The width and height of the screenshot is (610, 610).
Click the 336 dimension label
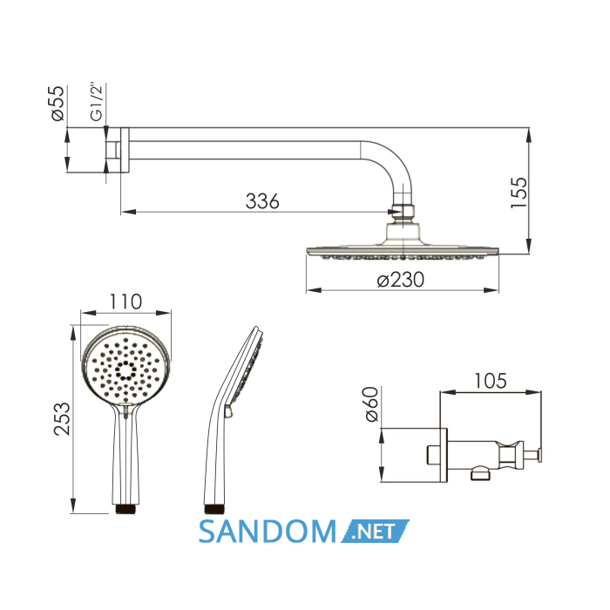[x=262, y=201]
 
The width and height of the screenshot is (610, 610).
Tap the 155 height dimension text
[x=518, y=193]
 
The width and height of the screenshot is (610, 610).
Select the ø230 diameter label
[x=401, y=280]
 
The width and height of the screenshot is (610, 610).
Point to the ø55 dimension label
[x=58, y=104]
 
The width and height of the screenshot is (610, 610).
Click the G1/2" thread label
[x=96, y=102]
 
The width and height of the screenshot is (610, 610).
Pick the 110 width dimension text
[x=125, y=302]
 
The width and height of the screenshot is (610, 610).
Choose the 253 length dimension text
[x=62, y=418]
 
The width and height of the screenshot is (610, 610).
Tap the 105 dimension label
[x=490, y=381]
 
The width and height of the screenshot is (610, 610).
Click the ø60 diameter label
[x=371, y=403]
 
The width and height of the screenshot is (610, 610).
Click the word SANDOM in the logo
[x=268, y=532]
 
